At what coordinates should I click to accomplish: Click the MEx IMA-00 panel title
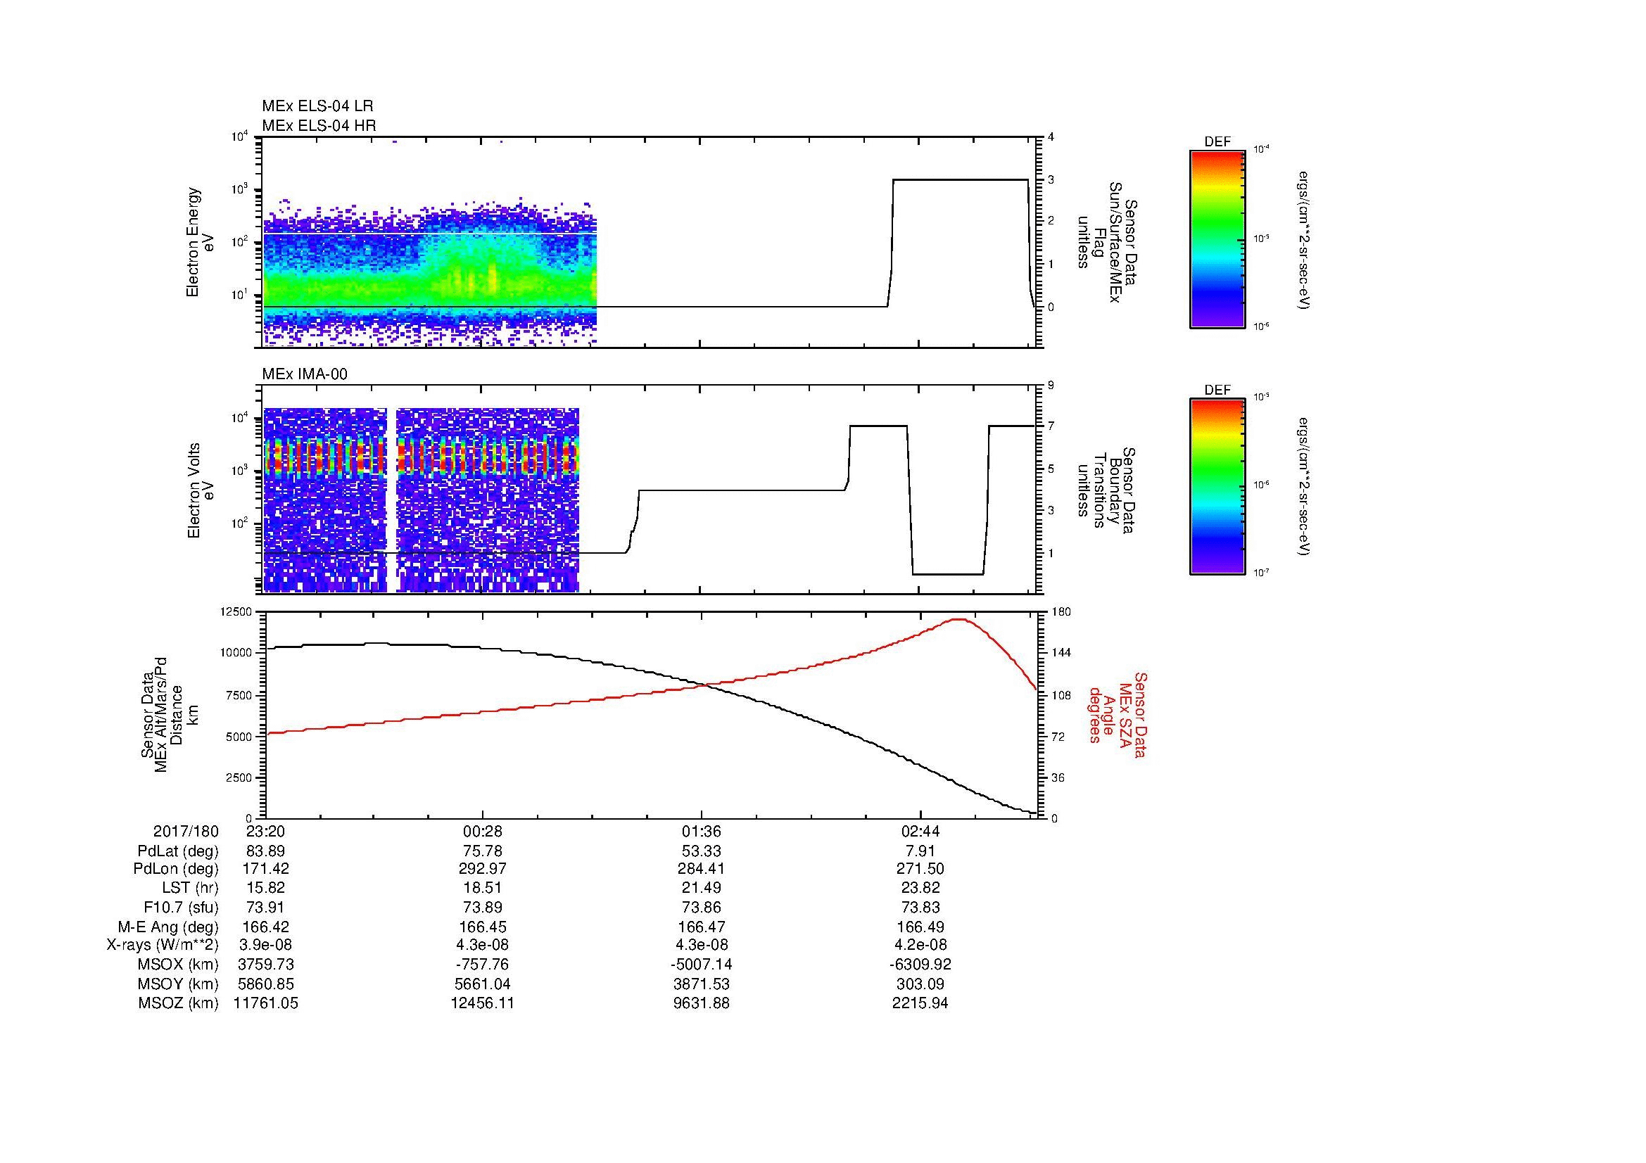(305, 374)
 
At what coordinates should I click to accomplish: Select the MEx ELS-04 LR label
(317, 107)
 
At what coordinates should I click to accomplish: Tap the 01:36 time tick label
(700, 832)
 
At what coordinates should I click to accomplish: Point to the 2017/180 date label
(185, 832)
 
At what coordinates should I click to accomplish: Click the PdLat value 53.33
(700, 851)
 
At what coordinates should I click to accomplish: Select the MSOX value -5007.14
(700, 965)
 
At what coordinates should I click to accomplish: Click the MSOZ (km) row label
(178, 1003)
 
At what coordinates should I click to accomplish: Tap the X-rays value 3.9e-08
(265, 945)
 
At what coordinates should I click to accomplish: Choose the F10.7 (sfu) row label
(181, 907)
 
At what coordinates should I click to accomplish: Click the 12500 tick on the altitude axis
(235, 612)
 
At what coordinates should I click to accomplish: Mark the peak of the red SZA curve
(959, 619)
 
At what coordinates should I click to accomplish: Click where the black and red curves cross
(706, 686)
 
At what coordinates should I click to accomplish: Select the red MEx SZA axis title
(1118, 714)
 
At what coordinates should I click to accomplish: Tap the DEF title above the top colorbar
(1217, 142)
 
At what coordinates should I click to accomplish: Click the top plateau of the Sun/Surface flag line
(961, 180)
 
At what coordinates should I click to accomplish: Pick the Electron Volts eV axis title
(201, 490)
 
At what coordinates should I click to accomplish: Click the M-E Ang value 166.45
(482, 927)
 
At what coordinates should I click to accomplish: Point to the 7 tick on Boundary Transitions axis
(1051, 426)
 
